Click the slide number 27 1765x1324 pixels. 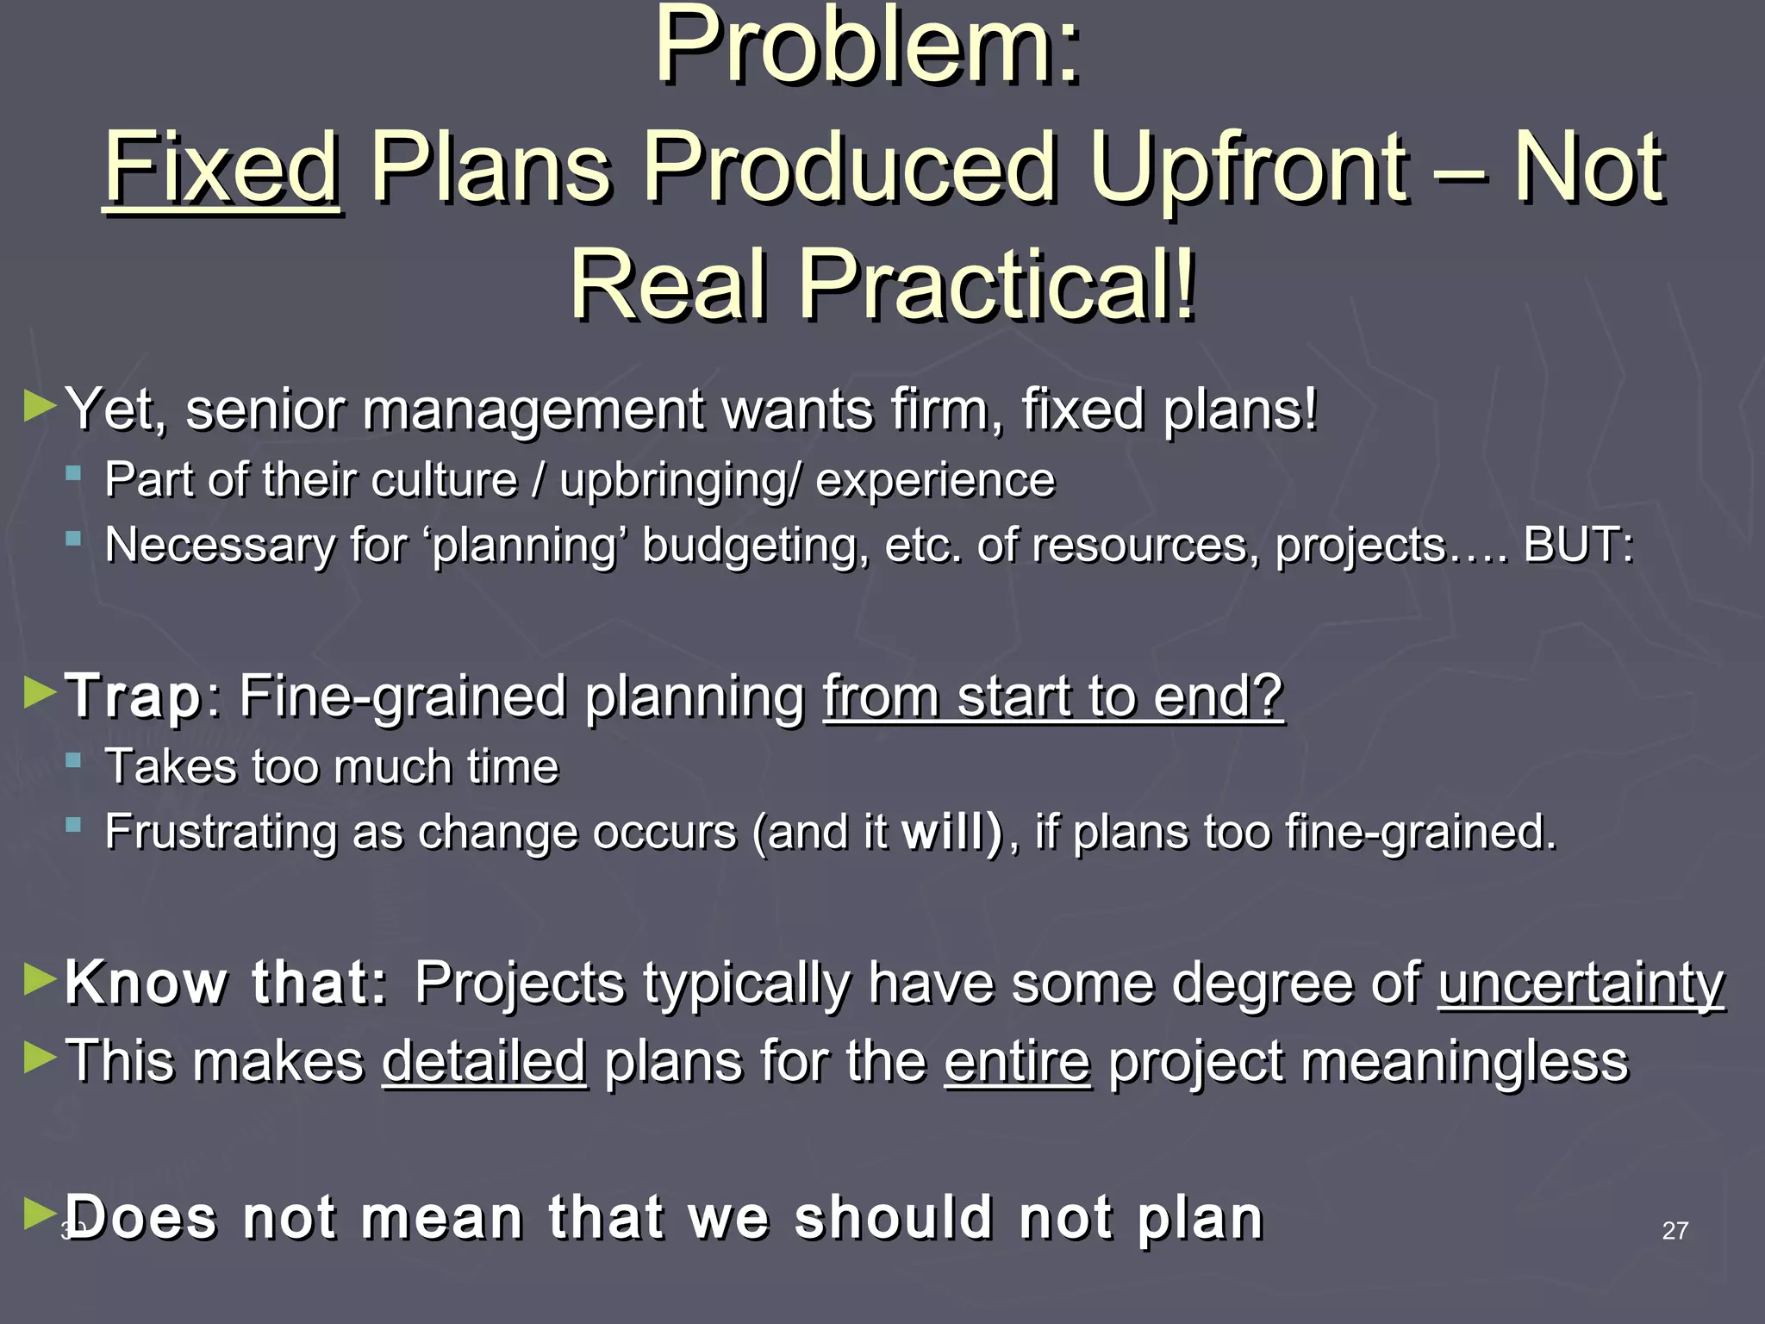click(1675, 1231)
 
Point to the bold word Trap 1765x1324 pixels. click(134, 696)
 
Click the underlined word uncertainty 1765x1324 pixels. click(1581, 983)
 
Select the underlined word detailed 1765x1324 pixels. click(484, 1061)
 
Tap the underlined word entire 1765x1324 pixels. click(1017, 1061)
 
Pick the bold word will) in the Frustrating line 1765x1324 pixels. click(951, 833)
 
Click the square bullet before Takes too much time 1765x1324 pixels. click(74, 761)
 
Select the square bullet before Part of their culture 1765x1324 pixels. click(74, 473)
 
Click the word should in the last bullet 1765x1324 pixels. click(894, 1218)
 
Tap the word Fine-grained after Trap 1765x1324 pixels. click(402, 696)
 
